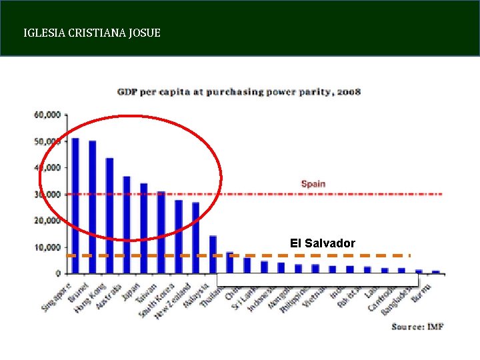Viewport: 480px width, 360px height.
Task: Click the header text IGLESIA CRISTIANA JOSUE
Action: click(91, 32)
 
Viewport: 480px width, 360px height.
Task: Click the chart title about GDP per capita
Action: click(239, 91)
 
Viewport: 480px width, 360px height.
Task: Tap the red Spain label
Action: click(313, 183)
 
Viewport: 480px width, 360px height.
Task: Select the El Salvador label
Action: click(323, 243)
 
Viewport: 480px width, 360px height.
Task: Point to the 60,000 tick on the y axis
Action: click(47, 115)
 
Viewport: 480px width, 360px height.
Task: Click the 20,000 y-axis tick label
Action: click(47, 221)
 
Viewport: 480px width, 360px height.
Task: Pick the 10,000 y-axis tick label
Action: click(47, 247)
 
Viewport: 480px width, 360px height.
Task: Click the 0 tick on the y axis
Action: click(58, 273)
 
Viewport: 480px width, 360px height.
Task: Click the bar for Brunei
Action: click(93, 207)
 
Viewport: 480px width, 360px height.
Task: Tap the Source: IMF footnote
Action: click(417, 326)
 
